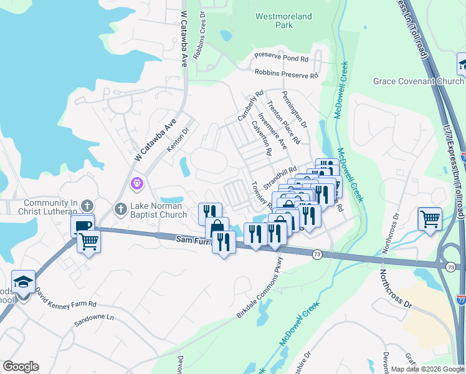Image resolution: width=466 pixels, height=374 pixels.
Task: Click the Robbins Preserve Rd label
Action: (286, 74)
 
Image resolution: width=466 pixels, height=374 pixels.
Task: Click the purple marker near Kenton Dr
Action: (137, 184)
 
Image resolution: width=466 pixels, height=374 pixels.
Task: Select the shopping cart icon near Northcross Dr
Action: (429, 219)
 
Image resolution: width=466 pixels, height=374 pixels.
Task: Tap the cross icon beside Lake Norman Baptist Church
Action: (121, 208)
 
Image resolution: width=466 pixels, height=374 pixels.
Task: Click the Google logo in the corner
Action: (21, 367)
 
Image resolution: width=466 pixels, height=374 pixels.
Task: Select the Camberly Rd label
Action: (247, 107)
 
